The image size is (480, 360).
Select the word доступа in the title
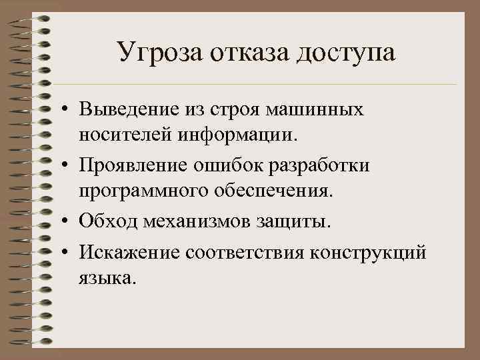tap(345, 53)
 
